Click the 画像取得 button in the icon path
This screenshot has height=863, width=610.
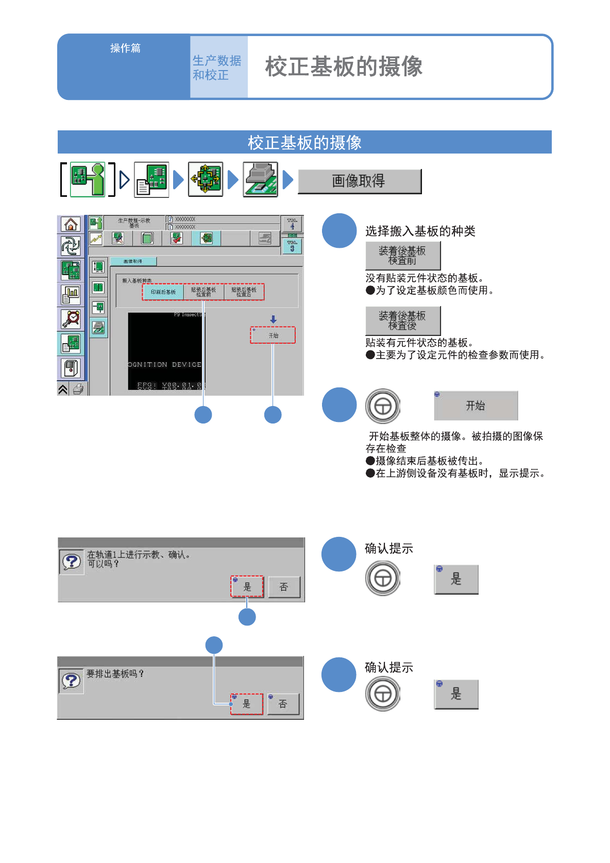[359, 181]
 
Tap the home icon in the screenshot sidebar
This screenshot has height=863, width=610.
[71, 225]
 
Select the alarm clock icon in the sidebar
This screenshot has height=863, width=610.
[71, 319]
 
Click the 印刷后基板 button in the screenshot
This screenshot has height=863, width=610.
[163, 292]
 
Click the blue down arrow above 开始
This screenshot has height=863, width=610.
[273, 319]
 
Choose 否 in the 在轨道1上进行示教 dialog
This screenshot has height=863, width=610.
[283, 587]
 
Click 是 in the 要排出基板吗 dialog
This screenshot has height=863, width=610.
[247, 704]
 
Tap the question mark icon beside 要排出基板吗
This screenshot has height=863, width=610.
[71, 681]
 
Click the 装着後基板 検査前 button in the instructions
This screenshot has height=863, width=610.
[402, 256]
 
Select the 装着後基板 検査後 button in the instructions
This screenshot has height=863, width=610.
[402, 320]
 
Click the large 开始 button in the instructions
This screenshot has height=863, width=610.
[476, 406]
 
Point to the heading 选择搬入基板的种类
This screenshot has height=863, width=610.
[420, 231]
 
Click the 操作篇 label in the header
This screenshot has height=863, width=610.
[125, 48]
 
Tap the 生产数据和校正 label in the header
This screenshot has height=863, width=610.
[217, 67]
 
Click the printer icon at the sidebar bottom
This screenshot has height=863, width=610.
[78, 389]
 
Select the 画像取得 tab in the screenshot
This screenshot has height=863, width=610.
[133, 262]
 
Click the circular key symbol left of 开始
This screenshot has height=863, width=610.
[382, 407]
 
